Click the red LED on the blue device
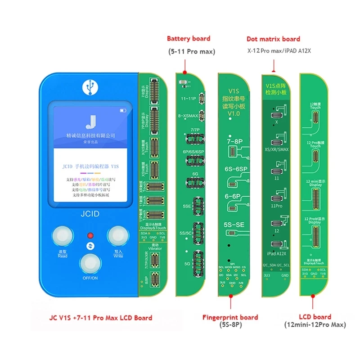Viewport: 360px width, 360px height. [x=90, y=235]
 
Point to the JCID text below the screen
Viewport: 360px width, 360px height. [x=90, y=214]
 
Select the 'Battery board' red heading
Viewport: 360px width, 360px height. [x=189, y=39]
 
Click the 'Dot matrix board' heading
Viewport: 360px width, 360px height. [x=273, y=39]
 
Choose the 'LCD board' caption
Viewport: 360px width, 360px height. [x=315, y=317]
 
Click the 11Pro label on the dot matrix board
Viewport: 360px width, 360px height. [x=275, y=205]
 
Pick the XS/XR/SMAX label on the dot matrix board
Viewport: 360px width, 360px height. [x=277, y=148]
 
